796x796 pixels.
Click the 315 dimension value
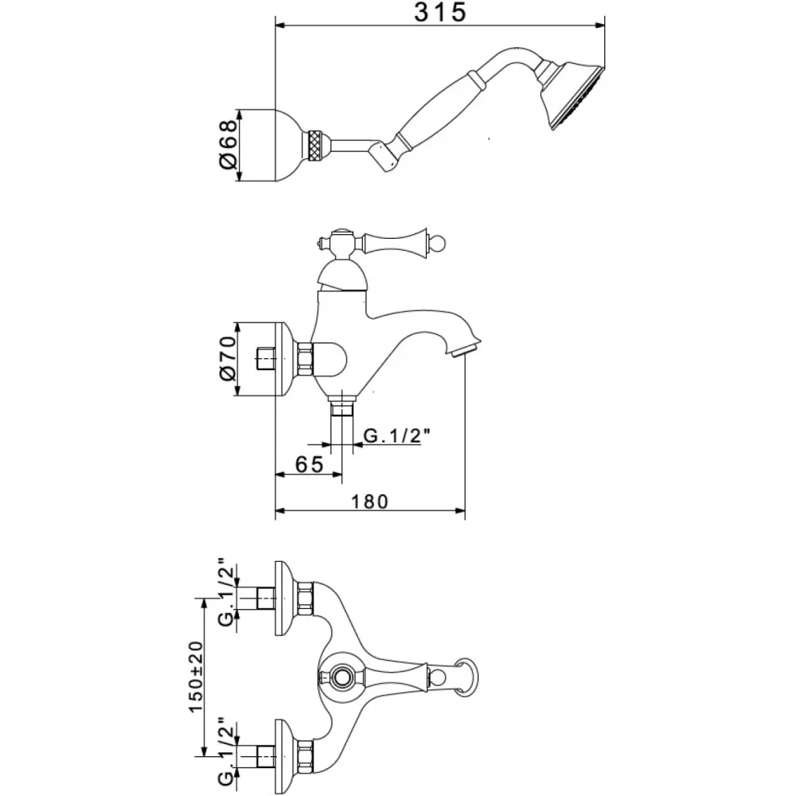(x=439, y=12)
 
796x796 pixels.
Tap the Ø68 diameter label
(x=229, y=145)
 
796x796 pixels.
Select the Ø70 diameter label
(x=228, y=358)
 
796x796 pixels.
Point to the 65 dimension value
(x=309, y=463)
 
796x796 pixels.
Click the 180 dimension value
(x=369, y=501)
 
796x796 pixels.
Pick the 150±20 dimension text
(x=196, y=677)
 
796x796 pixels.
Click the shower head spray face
(x=579, y=97)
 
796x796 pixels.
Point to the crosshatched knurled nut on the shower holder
(x=316, y=146)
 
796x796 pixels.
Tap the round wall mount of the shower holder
(x=291, y=146)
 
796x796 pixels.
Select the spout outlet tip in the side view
(x=466, y=349)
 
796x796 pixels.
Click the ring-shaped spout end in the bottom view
(x=466, y=677)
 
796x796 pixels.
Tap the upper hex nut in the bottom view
(x=305, y=598)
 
